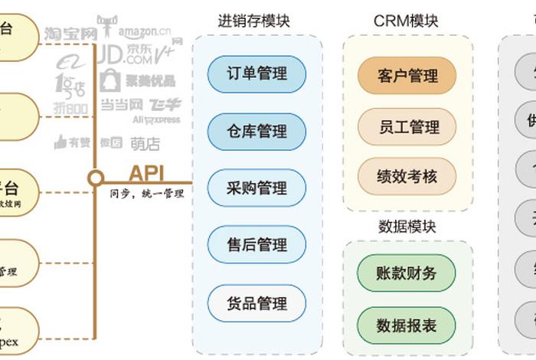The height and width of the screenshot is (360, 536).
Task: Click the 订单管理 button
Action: coord(257,74)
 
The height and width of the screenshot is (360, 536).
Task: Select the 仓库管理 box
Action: coord(257,131)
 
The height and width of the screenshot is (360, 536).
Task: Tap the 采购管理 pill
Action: coord(257,188)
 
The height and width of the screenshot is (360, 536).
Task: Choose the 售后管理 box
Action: coord(257,245)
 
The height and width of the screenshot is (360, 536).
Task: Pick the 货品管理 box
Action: coord(257,303)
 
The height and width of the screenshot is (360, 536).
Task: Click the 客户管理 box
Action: coord(407,76)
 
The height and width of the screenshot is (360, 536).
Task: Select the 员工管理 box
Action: coord(407,126)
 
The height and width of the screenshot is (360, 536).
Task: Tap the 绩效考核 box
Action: coord(407,176)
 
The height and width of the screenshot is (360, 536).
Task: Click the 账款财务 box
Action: coord(407,273)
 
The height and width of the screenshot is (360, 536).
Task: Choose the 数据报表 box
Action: coord(407,325)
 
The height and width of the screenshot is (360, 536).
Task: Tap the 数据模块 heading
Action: coord(407,226)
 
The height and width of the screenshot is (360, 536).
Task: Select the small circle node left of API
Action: coord(95,178)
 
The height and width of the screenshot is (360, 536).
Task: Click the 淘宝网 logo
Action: coord(70,34)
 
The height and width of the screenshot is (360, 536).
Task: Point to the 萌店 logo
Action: coord(145,143)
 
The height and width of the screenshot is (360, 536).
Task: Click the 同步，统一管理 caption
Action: coord(147,194)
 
